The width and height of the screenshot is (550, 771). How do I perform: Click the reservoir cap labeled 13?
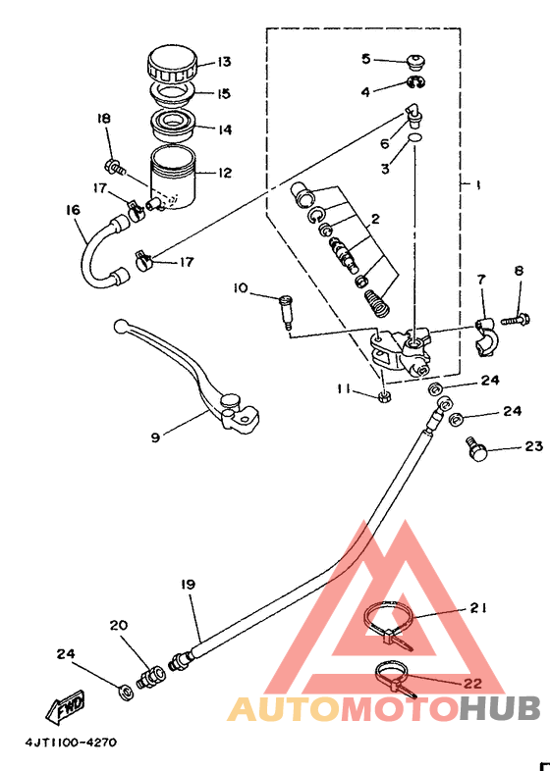coord(172,65)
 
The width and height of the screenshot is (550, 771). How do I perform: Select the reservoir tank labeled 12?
coord(171,178)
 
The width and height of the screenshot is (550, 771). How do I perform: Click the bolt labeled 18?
coord(115,167)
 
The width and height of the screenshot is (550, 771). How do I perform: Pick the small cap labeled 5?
coord(416,63)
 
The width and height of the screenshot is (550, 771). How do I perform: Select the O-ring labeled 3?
coord(415,137)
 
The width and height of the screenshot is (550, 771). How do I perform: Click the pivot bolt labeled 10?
coord(285,312)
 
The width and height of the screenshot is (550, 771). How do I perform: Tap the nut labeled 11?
coord(384,395)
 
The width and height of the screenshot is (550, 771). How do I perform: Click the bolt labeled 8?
coord(516,320)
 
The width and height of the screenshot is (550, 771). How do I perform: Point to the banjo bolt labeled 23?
coord(476,448)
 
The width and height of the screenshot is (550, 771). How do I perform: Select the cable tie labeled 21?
coord(389,625)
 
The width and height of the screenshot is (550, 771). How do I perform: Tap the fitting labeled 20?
coord(151,677)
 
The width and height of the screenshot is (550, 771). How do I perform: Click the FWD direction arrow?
coord(65,708)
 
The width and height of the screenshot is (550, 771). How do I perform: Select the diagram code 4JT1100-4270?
coord(71,742)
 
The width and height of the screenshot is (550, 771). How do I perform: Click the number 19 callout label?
coord(188,585)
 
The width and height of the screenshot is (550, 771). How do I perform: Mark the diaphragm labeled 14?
coord(172,126)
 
